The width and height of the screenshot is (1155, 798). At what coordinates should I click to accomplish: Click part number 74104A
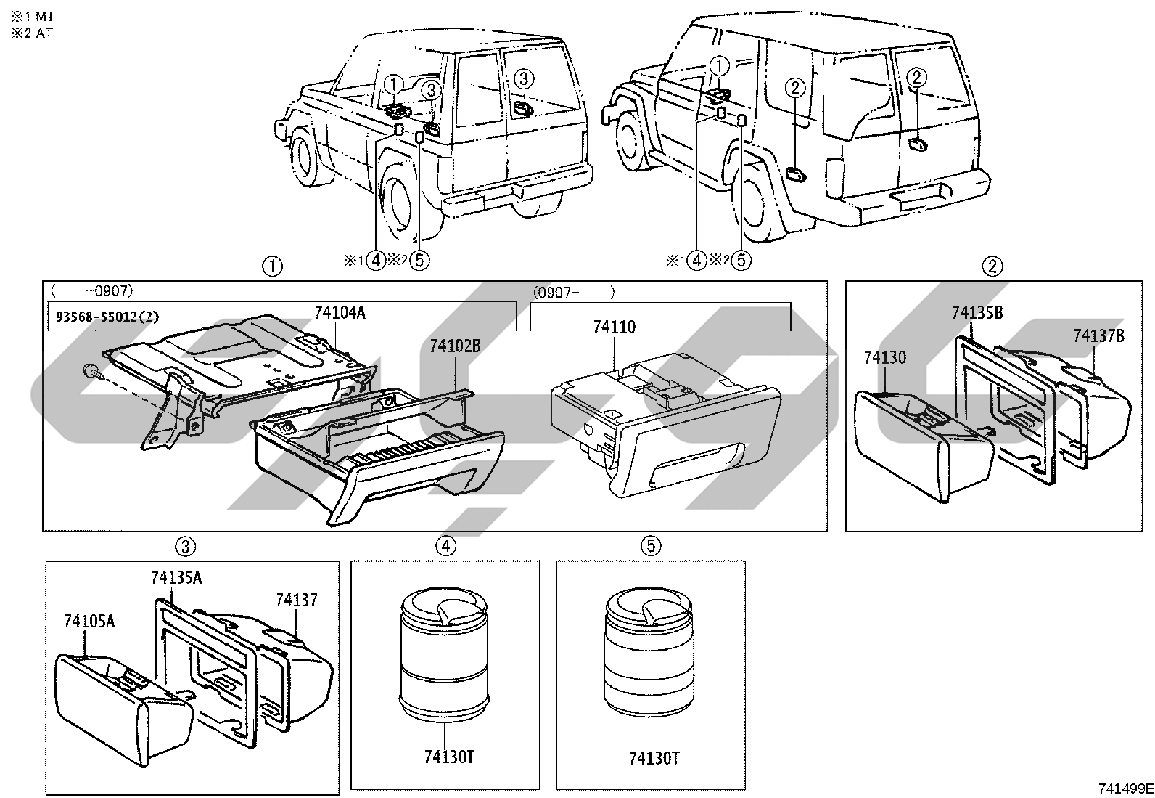(x=340, y=313)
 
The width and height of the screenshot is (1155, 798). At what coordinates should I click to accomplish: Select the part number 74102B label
(x=456, y=346)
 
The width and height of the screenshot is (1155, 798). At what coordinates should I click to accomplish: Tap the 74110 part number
(x=614, y=327)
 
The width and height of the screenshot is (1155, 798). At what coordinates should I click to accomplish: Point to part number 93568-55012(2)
(x=107, y=317)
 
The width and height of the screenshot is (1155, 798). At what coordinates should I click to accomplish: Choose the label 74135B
(x=977, y=312)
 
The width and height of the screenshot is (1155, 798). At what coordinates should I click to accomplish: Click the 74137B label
(x=1099, y=335)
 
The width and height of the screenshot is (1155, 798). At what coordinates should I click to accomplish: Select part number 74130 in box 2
(x=885, y=357)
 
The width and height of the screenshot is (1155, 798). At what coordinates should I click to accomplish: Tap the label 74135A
(x=176, y=577)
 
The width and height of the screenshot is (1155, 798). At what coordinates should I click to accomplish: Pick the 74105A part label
(x=89, y=621)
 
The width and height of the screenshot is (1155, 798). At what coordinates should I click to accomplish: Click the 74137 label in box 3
(x=297, y=600)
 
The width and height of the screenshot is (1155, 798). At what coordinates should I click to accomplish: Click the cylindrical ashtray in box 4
(x=444, y=656)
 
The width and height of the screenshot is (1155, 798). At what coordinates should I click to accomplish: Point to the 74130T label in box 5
(x=654, y=758)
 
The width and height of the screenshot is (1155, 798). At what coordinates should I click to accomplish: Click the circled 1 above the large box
(x=272, y=266)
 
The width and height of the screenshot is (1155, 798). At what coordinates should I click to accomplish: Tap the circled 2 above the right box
(x=992, y=266)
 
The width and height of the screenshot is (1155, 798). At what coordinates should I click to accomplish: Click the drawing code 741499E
(x=1125, y=789)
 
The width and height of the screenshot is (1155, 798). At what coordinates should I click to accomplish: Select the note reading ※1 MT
(x=33, y=17)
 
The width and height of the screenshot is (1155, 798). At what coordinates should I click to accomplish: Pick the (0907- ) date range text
(x=573, y=293)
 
